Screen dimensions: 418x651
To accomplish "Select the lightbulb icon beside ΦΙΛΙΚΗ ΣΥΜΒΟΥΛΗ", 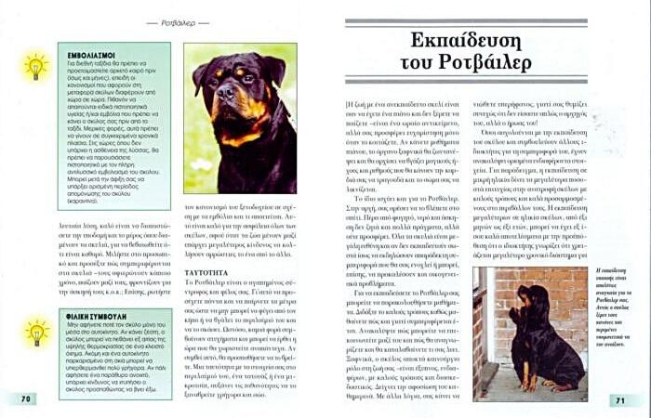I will pos(35,332).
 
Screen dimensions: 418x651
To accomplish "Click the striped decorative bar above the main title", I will pos(465,21).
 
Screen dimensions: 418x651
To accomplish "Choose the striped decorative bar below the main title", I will pos(465,85).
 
